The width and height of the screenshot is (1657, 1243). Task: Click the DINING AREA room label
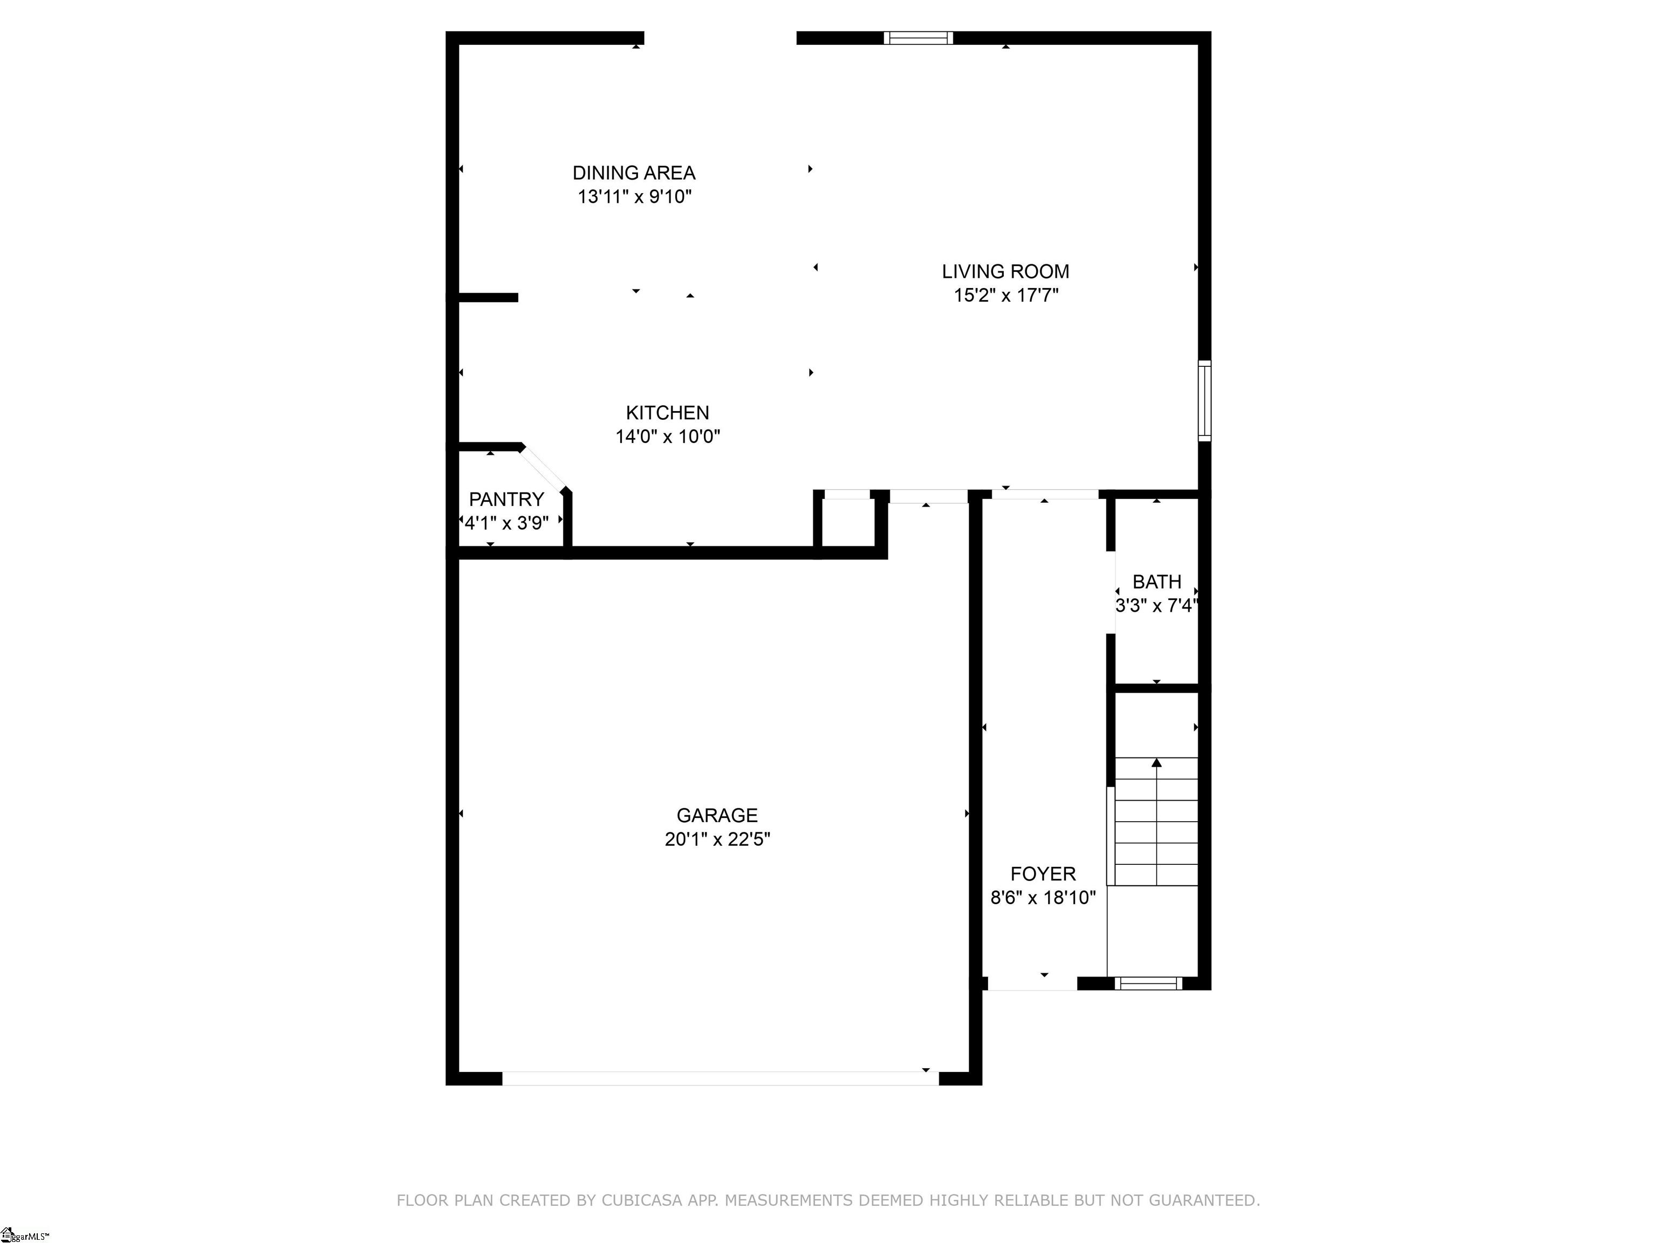point(634,173)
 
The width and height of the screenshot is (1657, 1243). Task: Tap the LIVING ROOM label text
point(1005,271)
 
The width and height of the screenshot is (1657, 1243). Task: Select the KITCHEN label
point(667,413)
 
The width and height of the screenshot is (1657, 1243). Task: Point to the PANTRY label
point(506,499)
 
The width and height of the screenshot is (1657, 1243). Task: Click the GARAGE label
point(717,815)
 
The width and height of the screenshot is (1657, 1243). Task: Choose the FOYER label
point(1043,873)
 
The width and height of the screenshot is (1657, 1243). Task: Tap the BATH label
point(1156,582)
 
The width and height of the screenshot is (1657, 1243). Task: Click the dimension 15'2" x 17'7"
point(1005,295)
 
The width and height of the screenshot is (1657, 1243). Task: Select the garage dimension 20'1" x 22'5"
point(717,839)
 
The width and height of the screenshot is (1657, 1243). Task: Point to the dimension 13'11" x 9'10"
point(634,197)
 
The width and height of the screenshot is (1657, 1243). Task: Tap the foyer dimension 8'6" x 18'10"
point(1043,898)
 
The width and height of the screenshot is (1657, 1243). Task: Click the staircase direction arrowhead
point(1156,763)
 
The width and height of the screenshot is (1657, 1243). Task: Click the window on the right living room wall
point(1204,401)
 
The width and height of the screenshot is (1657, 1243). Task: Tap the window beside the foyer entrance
point(1148,984)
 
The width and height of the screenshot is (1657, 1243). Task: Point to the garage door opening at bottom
point(720,1078)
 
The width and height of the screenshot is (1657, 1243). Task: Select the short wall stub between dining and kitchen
point(488,297)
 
